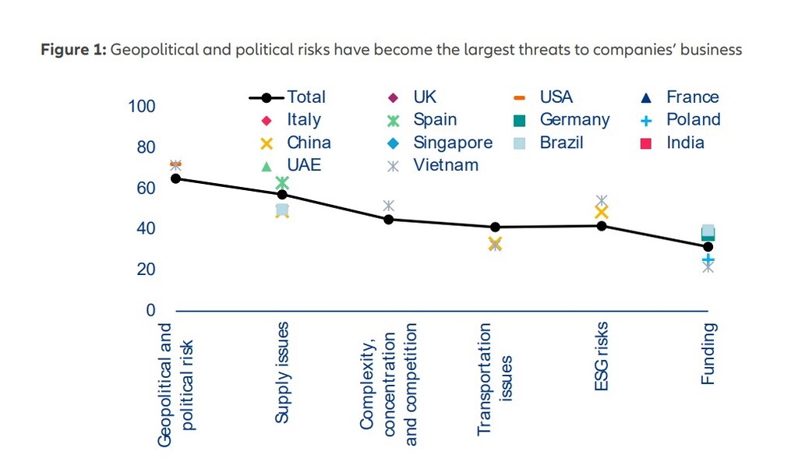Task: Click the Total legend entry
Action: pyautogui.click(x=288, y=97)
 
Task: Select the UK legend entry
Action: pyautogui.click(x=425, y=97)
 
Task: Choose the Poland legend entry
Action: pyautogui.click(x=693, y=120)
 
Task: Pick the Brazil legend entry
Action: pyautogui.click(x=561, y=143)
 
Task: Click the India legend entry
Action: pyautogui.click(x=685, y=143)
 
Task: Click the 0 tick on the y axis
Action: pyautogui.click(x=150, y=311)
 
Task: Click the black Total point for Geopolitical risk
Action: pyautogui.click(x=175, y=178)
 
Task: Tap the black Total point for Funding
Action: pyautogui.click(x=708, y=247)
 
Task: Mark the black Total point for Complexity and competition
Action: pyautogui.click(x=388, y=219)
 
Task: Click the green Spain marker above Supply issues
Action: pyautogui.click(x=282, y=183)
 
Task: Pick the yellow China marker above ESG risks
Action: pyautogui.click(x=601, y=212)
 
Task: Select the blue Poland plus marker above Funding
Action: pyautogui.click(x=708, y=259)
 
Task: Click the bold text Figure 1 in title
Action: pyautogui.click(x=73, y=50)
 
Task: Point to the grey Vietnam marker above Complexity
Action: pyautogui.click(x=388, y=206)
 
